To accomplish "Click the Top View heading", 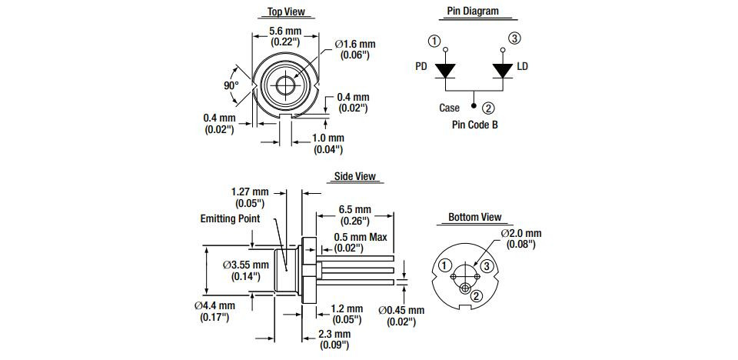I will pos(285,12).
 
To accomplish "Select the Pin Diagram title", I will pos(473,12).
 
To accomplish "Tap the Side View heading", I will pos(354,176).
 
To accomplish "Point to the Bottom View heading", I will pos(474,218).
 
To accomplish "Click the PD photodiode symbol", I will pos(445,70).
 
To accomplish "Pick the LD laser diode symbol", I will pos(503,70).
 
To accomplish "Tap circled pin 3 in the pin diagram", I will pos(514,38).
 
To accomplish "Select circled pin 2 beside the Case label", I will pos(489,108).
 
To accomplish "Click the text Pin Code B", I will pos(474,124).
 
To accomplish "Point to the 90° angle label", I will pos(231,85).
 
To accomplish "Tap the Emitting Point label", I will pos(230,218).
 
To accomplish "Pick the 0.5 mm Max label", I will pos(360,237).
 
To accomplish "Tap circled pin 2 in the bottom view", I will pos(477,296).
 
